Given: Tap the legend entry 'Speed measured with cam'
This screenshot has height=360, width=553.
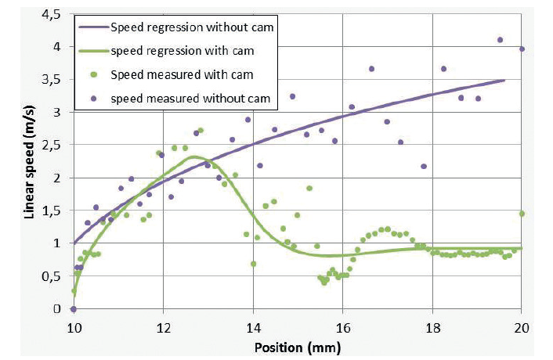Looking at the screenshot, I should [185, 75].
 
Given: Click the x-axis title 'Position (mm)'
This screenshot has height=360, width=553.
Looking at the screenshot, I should [297, 345].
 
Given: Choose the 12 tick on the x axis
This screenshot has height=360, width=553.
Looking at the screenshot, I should [162, 326].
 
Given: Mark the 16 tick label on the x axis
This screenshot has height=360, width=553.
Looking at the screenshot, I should [342, 326].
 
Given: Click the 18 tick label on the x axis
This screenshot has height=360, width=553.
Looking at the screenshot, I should [432, 326].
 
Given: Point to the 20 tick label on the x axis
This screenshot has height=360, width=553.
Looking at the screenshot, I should [522, 326].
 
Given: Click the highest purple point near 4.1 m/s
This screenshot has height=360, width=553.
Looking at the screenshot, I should [500, 40].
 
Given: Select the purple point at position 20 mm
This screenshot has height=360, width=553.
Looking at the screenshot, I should [522, 49].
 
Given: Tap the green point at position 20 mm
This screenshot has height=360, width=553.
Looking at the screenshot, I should [522, 214].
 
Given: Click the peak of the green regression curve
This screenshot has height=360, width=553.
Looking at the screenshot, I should [195, 157].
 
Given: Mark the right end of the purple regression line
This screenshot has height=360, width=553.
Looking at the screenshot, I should [504, 80].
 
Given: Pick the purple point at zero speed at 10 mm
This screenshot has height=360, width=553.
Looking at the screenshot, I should [73, 309].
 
